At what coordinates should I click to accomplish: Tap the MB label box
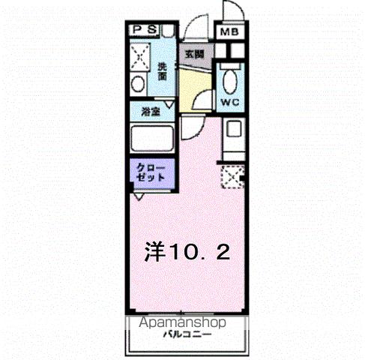(x=228, y=32)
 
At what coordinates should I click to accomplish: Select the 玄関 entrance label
(x=195, y=53)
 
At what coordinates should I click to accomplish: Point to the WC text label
(x=229, y=100)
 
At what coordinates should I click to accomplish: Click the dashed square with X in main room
(x=232, y=177)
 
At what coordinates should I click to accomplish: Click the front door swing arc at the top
(x=193, y=30)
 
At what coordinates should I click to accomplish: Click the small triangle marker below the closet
(x=139, y=196)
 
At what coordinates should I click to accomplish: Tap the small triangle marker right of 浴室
(x=172, y=108)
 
